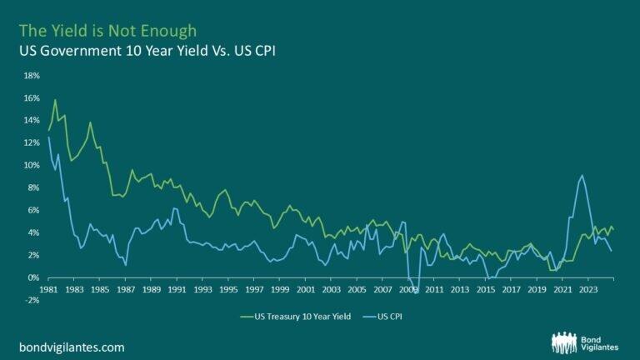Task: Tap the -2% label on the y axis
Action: point(31,299)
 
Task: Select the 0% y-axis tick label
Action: point(32,277)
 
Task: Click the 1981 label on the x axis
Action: point(49,290)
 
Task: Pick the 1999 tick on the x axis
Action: point(280,290)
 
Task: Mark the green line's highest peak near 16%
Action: point(56,100)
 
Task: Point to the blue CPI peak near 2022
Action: point(581,176)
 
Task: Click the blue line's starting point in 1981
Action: point(49,137)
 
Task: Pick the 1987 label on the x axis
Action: point(127,290)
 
